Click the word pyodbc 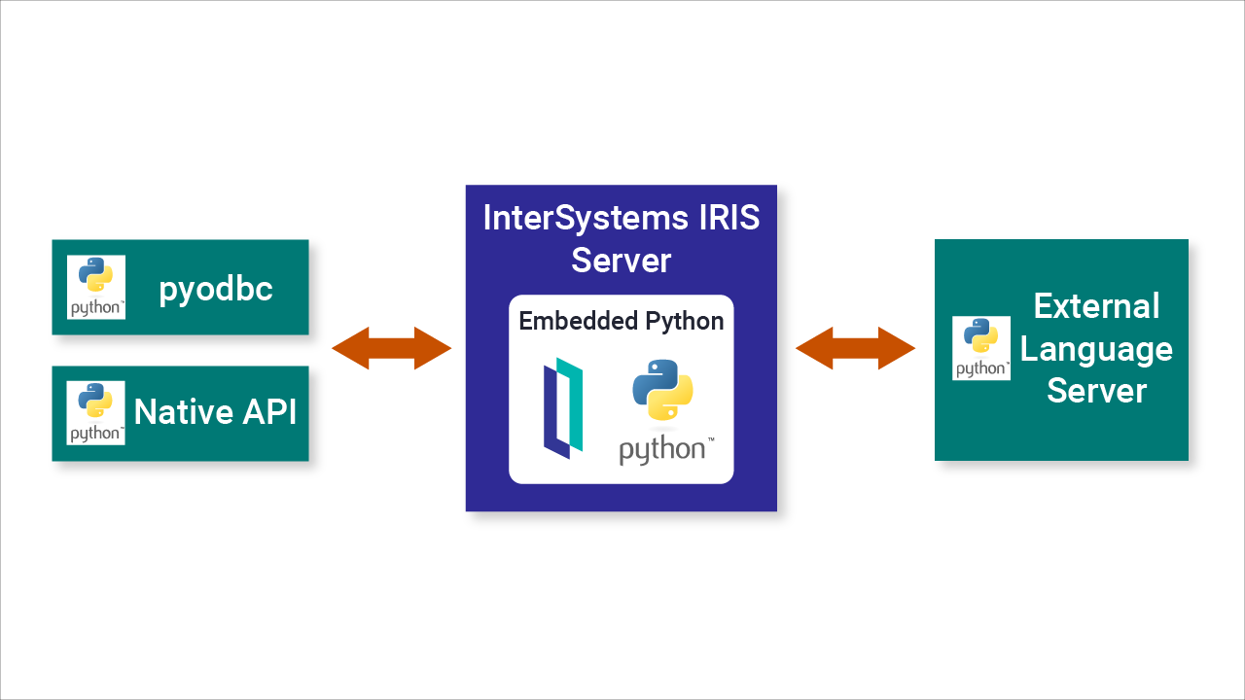pos(216,290)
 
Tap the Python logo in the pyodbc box pos(96,287)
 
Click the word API pos(270,411)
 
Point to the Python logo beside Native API pos(95,413)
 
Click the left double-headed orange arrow pos(391,348)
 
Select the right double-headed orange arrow pos(855,348)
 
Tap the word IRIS pos(729,217)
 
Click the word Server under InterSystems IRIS pos(622,260)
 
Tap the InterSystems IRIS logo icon pos(563,408)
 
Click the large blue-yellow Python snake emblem pos(662,390)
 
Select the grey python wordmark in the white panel pos(666,450)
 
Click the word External pos(1096,306)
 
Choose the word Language pos(1096,351)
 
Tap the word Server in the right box pos(1096,390)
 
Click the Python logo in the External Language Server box pos(981,348)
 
